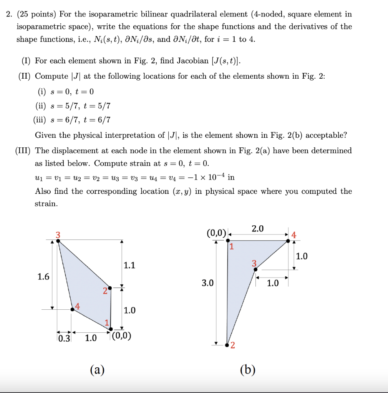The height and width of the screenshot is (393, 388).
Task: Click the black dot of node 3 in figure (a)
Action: pos(58,240)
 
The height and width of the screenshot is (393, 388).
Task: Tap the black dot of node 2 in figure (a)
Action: pos(110,287)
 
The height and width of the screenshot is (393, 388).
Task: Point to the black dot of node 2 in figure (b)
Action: pos(227,345)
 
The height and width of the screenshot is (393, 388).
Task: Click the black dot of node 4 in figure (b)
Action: pos(289,241)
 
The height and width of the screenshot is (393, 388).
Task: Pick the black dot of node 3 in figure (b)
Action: pos(255,269)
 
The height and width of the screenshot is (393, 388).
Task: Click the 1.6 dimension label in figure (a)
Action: pos(43,277)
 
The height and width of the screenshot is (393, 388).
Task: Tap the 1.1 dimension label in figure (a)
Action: pos(129,265)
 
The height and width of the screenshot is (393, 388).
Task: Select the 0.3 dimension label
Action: pos(64,338)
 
